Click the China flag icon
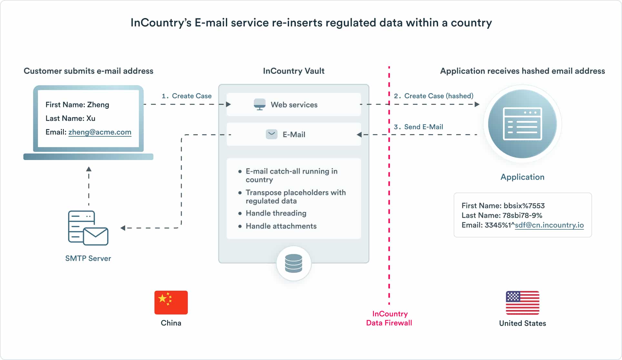(x=171, y=302)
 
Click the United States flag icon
(x=522, y=303)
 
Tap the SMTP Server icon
(x=88, y=228)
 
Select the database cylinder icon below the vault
(x=294, y=263)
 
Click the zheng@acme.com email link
(x=100, y=132)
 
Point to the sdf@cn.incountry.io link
(x=549, y=225)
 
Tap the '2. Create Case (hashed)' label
(x=434, y=96)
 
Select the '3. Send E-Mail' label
(x=418, y=127)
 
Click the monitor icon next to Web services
(x=259, y=104)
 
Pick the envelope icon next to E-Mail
(x=271, y=134)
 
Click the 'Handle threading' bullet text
(x=276, y=213)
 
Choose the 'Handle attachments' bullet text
(x=281, y=226)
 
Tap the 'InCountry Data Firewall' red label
(x=389, y=318)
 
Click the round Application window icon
(x=522, y=124)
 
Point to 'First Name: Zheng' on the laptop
(x=77, y=105)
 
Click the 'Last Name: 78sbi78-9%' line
(x=502, y=215)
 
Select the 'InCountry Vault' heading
(x=294, y=71)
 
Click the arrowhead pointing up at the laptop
(x=89, y=169)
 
